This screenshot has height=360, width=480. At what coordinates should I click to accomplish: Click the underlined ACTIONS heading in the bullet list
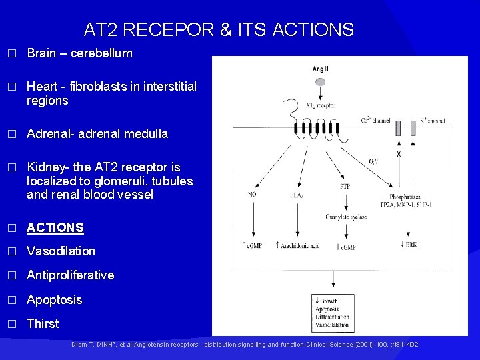click(55, 228)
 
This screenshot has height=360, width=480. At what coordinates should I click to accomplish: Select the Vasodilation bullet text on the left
click(61, 251)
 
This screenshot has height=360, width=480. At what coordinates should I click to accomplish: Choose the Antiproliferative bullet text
click(70, 275)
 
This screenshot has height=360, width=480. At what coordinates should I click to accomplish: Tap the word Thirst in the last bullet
click(43, 324)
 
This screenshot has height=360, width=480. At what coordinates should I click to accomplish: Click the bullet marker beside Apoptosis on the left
click(10, 300)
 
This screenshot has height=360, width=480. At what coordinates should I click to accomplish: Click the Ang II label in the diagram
click(320, 69)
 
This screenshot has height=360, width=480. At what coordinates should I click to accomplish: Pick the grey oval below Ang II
click(320, 82)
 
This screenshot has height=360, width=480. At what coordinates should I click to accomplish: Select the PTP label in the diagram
click(345, 187)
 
